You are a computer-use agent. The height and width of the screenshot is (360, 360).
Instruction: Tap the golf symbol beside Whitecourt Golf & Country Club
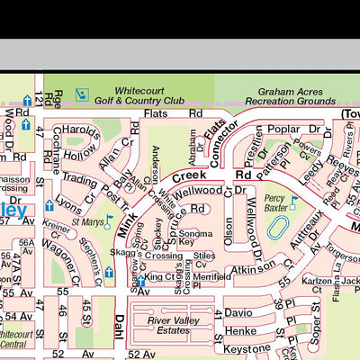(83, 94)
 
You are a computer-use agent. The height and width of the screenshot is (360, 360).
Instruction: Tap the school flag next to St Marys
(109, 220)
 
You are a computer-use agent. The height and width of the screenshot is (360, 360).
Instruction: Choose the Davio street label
(238, 313)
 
